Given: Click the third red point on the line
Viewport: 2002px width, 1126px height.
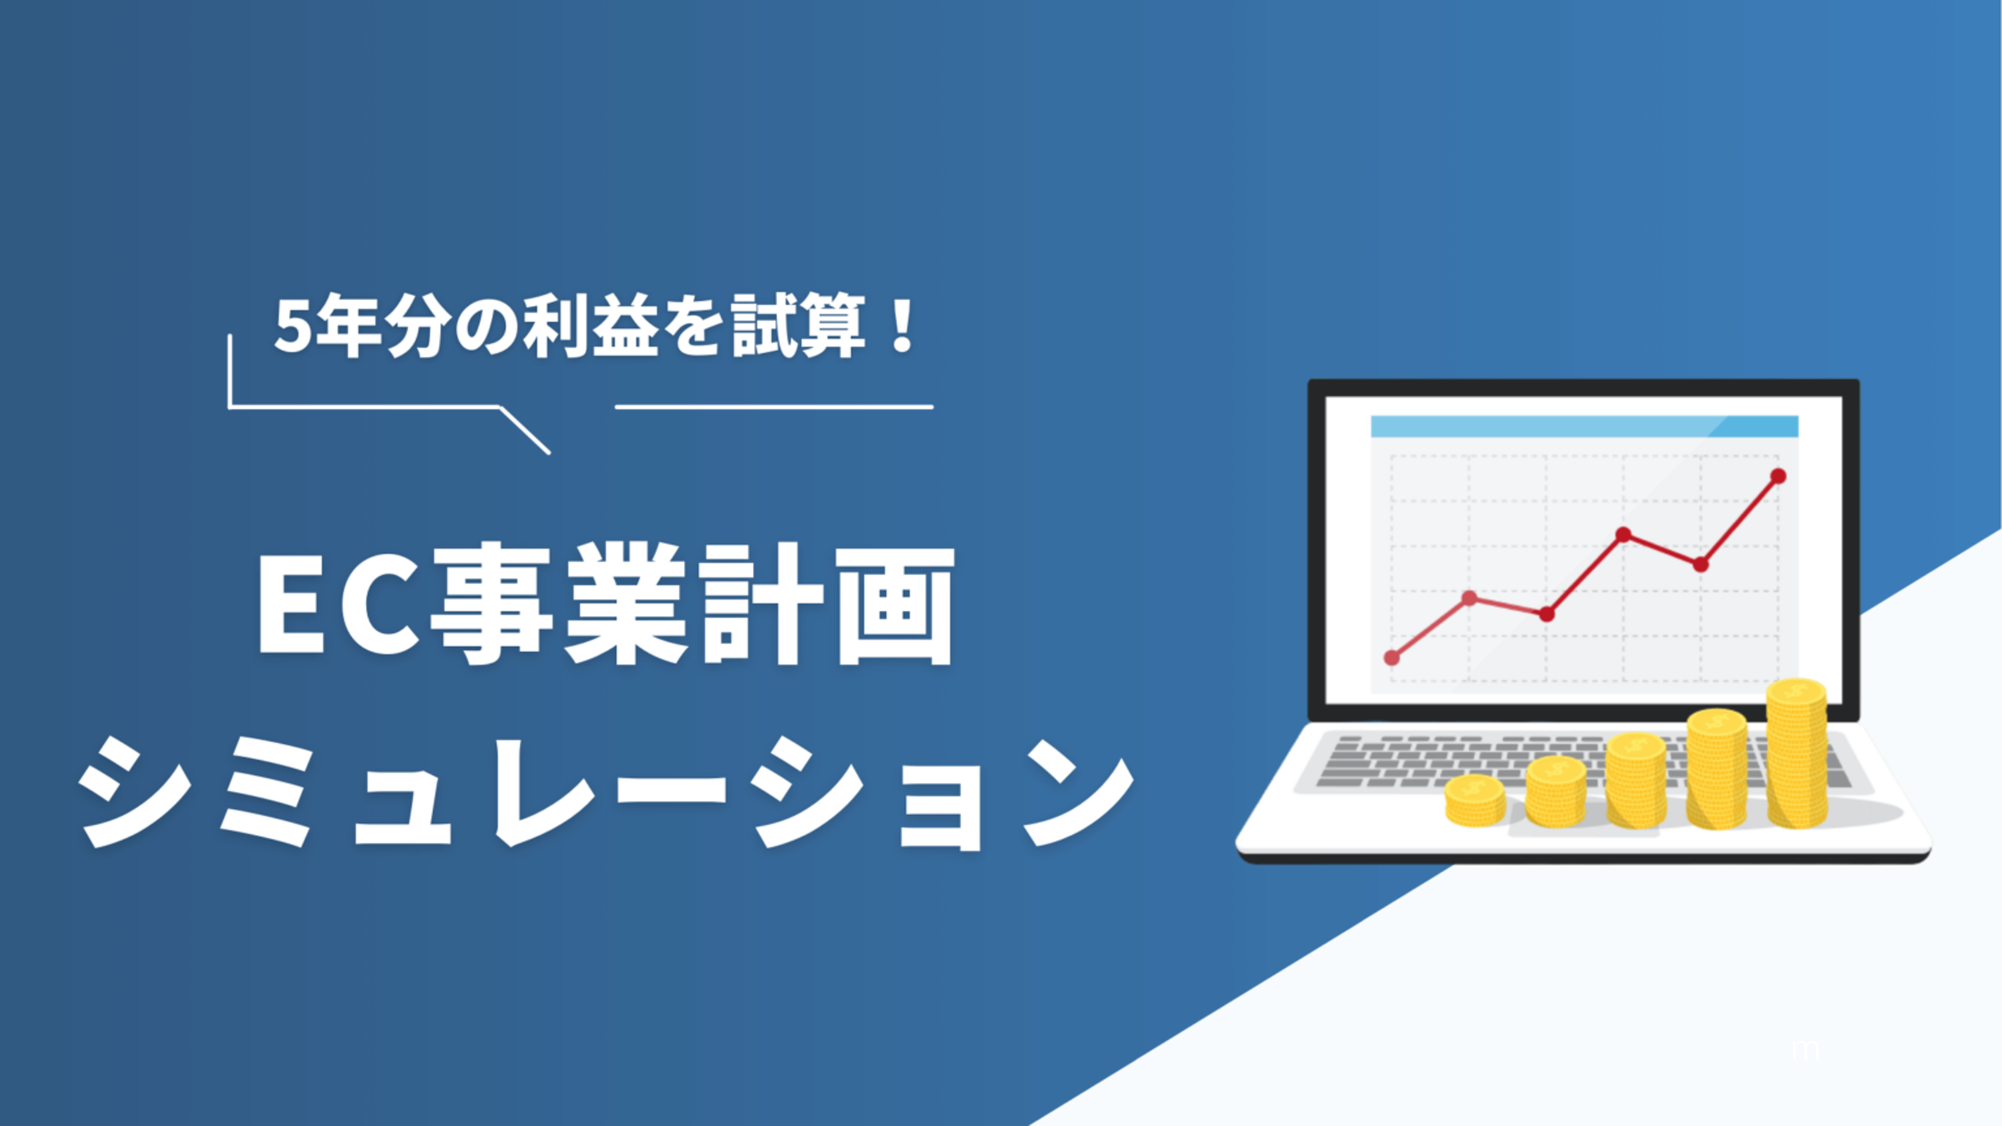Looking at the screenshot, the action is [1547, 614].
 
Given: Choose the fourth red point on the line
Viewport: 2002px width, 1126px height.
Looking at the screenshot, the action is [1623, 535].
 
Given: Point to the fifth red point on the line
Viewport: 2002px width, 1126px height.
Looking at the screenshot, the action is [1700, 564].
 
